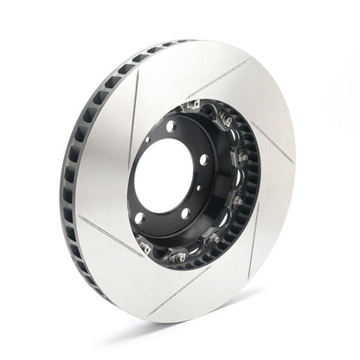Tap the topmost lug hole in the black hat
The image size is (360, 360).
[170, 126]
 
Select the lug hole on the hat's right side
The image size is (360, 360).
[203, 159]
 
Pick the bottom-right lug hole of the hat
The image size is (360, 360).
[185, 213]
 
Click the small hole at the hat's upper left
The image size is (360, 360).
[148, 138]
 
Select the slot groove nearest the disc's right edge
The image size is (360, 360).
[272, 143]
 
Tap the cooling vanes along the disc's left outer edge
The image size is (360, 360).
[71, 173]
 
